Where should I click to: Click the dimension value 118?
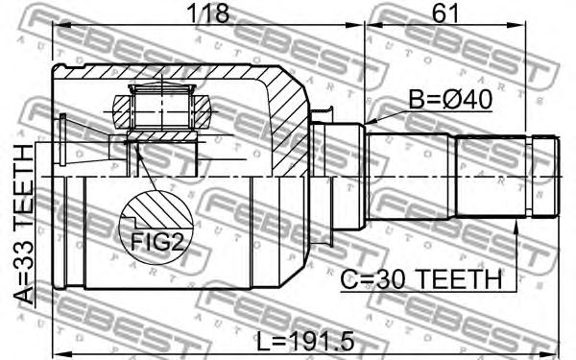point(208,12)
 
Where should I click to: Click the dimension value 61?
point(445,12)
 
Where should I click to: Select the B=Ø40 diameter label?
point(450,100)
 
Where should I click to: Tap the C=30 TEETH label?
point(420,279)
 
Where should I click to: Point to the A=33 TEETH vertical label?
point(23,225)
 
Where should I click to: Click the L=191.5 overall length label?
point(304,341)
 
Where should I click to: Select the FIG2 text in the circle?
point(156,242)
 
